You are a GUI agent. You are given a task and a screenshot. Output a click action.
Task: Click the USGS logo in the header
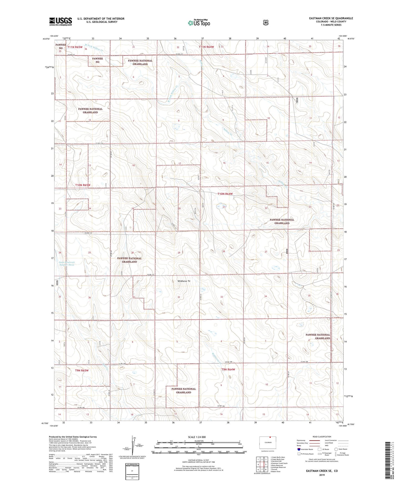pos(60,21)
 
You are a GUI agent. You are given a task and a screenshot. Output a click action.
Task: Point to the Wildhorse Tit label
pos(184,281)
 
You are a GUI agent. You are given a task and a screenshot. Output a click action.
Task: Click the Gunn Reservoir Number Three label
pos(67,264)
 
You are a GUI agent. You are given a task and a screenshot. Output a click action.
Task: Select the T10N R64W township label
pos(225,194)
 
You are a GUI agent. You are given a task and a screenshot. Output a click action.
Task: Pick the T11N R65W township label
pos(75,47)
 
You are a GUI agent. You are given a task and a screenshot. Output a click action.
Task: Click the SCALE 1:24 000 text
pos(197,437)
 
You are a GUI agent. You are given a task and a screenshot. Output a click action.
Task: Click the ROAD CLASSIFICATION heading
pos(322,437)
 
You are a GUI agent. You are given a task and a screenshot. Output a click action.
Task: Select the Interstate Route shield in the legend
pos(299,449)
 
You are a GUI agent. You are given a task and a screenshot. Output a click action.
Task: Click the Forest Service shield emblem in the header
pos(266,22)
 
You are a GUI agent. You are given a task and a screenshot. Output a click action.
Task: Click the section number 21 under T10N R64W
pos(224,207)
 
